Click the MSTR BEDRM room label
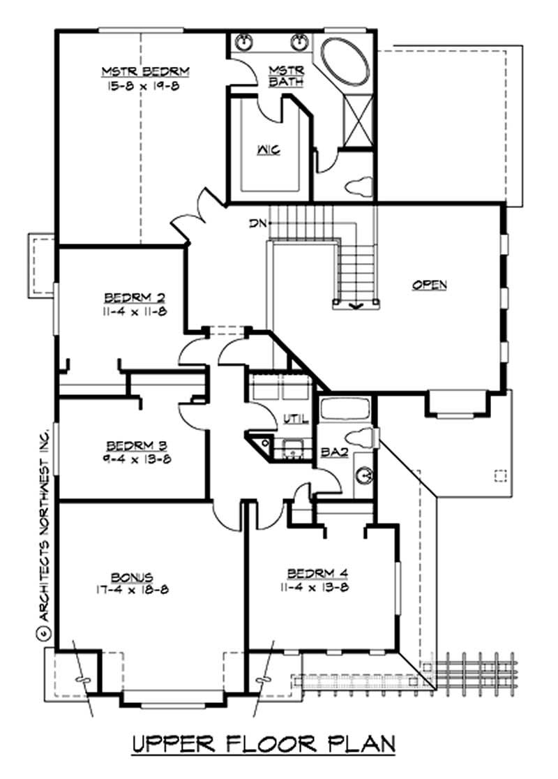(x=146, y=72)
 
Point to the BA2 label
(x=330, y=452)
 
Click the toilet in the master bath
(x=359, y=186)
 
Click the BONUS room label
(x=133, y=576)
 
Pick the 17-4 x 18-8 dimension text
(x=133, y=589)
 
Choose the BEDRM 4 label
(x=319, y=573)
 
